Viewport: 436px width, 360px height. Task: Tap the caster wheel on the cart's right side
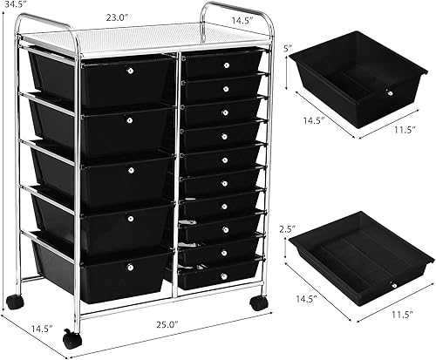click(x=257, y=303)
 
